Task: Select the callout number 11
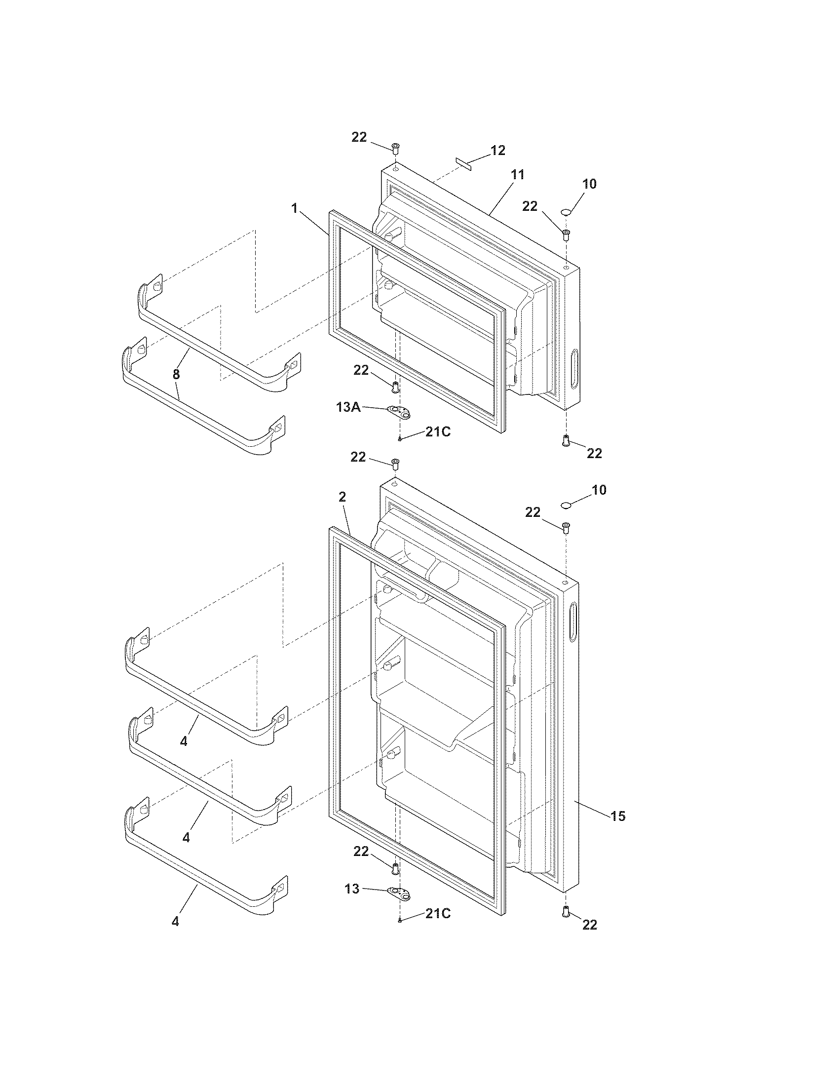pyautogui.click(x=517, y=175)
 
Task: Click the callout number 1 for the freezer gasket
pyautogui.click(x=295, y=208)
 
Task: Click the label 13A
pyautogui.click(x=348, y=408)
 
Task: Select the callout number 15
pyautogui.click(x=618, y=816)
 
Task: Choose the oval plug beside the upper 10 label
pyautogui.click(x=566, y=212)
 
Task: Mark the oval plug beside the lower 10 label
pyautogui.click(x=565, y=505)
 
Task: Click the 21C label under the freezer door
pyautogui.click(x=437, y=432)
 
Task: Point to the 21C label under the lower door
pyautogui.click(x=437, y=913)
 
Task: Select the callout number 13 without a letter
pyautogui.click(x=352, y=889)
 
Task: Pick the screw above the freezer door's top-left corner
pyautogui.click(x=396, y=148)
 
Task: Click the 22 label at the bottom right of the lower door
pyautogui.click(x=589, y=925)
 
